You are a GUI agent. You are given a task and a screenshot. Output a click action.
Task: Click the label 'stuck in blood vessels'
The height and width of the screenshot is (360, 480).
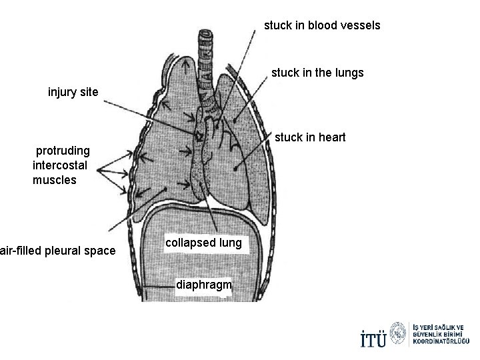322,25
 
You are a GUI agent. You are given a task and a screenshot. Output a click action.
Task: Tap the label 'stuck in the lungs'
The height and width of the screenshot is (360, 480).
317,73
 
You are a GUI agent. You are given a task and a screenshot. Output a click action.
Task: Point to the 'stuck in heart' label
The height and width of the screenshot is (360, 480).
310,137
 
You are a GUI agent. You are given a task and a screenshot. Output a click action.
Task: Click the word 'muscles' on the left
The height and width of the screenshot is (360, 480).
55,180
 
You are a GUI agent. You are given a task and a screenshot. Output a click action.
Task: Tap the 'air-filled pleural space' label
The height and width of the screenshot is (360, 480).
57,251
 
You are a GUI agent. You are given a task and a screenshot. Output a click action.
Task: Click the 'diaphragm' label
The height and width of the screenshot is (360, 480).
203,285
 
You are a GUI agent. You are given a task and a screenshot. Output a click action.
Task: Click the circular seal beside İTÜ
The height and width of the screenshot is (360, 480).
399,333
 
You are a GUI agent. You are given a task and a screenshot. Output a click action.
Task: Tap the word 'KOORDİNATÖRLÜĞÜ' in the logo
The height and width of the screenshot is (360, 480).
441,341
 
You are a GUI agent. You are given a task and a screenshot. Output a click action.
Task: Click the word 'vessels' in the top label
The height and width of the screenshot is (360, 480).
361,25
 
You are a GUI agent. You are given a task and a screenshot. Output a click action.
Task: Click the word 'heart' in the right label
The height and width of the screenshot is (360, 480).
331,137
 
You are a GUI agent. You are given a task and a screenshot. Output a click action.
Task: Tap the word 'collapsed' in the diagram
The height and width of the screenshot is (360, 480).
189,243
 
